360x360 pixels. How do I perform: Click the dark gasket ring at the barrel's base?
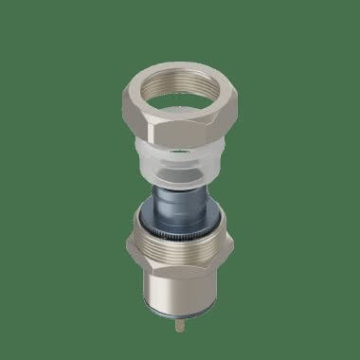click(x=180, y=314)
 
